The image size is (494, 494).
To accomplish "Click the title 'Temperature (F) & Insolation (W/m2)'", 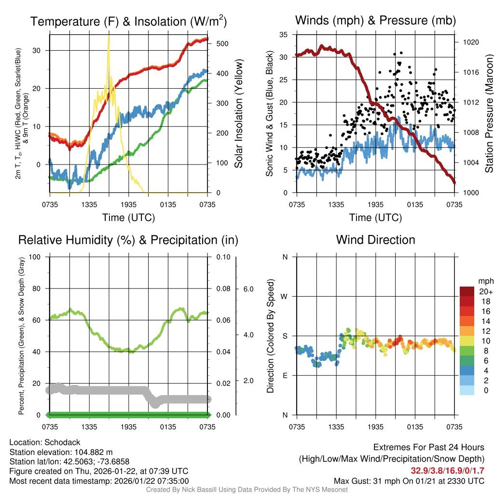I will (x=129, y=21).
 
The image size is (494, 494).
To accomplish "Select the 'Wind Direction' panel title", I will (x=375, y=240).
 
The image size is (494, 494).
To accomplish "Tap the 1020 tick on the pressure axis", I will (x=470, y=42).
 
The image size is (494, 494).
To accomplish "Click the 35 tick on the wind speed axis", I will (x=283, y=35).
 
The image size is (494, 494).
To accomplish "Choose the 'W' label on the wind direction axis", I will (x=285, y=296).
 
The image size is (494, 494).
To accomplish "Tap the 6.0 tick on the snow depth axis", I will (x=248, y=289).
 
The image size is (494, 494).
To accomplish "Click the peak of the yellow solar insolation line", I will (x=109, y=35).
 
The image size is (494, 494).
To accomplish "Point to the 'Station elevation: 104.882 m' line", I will (x=61, y=452).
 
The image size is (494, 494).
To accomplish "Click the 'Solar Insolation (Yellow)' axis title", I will (x=238, y=113).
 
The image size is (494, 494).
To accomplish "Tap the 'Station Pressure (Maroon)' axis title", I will (x=488, y=113).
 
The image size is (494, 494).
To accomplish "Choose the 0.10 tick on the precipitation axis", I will (x=222, y=257).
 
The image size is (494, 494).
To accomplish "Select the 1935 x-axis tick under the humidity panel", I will (x=129, y=427).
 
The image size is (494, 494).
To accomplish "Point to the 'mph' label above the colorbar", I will (x=485, y=281).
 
